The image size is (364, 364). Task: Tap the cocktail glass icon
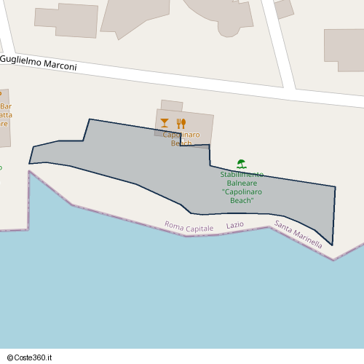click(165, 123)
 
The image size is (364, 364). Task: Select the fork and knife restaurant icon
click(181, 123)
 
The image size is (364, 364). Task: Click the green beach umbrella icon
click(242, 164)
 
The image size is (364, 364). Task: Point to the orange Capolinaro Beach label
click(181, 139)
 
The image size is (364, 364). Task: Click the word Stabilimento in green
click(242, 175)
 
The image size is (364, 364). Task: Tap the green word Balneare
click(242, 183)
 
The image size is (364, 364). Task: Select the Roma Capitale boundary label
click(189, 227)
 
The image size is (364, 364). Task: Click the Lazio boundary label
click(235, 226)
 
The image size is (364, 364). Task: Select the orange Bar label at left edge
click(6, 106)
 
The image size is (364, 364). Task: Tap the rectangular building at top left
click(66, 20)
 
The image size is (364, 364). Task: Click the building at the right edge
click(344, 50)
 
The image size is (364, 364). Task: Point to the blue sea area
click(182, 298)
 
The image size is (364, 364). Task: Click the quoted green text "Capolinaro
click(242, 191)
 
